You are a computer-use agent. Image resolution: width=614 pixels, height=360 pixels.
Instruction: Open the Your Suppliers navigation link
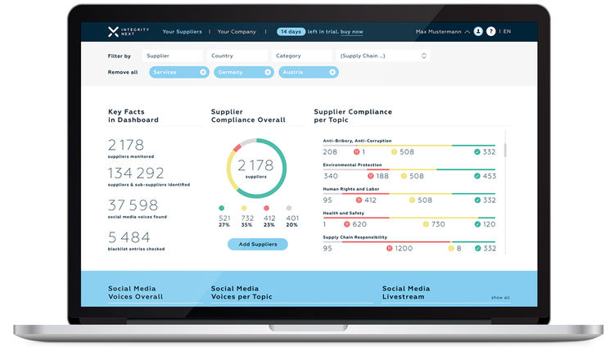(182, 32)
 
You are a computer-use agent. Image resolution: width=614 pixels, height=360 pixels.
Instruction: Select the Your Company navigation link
(237, 32)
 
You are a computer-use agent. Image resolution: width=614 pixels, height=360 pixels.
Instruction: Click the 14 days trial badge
(291, 32)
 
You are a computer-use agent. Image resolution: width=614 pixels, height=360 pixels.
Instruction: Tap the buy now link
(352, 32)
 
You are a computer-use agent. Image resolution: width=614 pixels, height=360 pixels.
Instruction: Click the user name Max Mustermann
(438, 32)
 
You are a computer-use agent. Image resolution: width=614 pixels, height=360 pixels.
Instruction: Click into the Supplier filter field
(173, 56)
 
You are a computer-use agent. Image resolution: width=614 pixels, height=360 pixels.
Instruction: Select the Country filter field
(237, 56)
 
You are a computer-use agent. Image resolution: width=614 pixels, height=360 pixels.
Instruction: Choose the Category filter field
(302, 56)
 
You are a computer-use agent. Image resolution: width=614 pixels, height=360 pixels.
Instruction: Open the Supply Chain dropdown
(384, 56)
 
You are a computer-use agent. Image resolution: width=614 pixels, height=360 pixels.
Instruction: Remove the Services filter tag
(203, 72)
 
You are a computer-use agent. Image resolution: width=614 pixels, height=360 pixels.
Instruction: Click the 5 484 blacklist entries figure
(129, 237)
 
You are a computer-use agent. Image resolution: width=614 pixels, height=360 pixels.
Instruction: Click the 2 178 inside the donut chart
(256, 165)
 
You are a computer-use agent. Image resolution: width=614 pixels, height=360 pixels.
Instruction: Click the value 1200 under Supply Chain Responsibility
(404, 248)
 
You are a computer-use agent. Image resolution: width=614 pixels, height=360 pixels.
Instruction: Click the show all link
(500, 298)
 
